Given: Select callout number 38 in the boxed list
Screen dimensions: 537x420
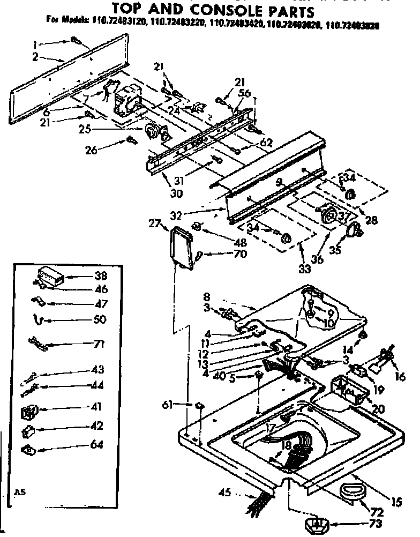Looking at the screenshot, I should [100, 277].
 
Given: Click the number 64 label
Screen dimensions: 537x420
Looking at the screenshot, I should [97, 444].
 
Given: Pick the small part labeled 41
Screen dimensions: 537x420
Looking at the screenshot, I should [28, 412].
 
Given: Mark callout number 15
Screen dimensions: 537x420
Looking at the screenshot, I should [396, 502].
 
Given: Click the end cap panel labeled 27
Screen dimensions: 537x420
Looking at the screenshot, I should [180, 248].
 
